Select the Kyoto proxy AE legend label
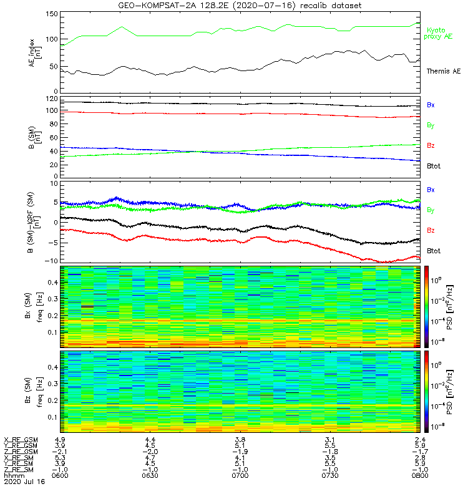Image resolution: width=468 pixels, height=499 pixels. click(x=439, y=33)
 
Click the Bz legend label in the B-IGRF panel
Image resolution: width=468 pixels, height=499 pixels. click(x=431, y=231)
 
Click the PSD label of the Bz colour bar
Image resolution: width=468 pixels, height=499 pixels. click(x=460, y=390)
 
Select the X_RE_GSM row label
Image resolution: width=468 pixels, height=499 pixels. click(x=21, y=440)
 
